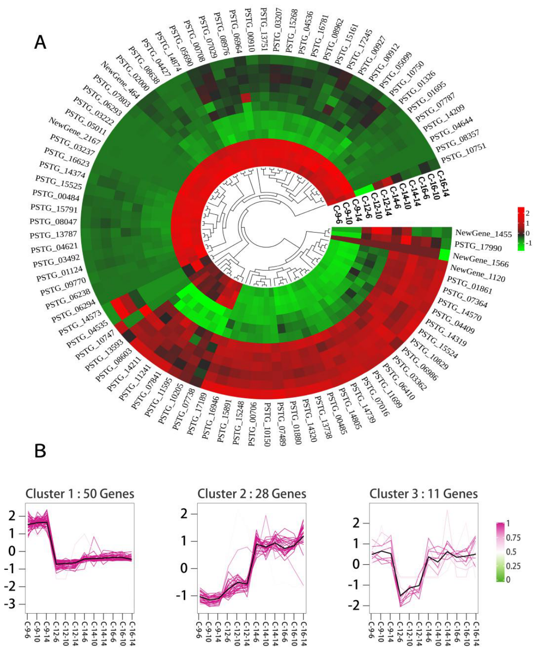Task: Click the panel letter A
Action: (x=40, y=42)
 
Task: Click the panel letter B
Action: (x=40, y=451)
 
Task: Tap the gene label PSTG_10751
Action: (x=464, y=153)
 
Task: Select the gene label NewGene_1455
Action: (x=484, y=233)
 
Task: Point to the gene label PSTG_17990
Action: (x=478, y=246)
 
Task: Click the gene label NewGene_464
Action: (x=120, y=79)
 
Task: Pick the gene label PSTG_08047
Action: (x=53, y=221)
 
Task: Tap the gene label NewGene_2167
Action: (x=74, y=131)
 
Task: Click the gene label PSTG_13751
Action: (x=264, y=30)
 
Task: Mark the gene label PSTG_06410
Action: (x=403, y=381)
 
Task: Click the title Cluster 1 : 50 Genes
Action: (x=80, y=494)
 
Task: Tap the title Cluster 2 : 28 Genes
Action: (x=252, y=494)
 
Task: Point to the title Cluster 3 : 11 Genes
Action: (x=424, y=494)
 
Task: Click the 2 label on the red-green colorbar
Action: (x=527, y=213)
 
